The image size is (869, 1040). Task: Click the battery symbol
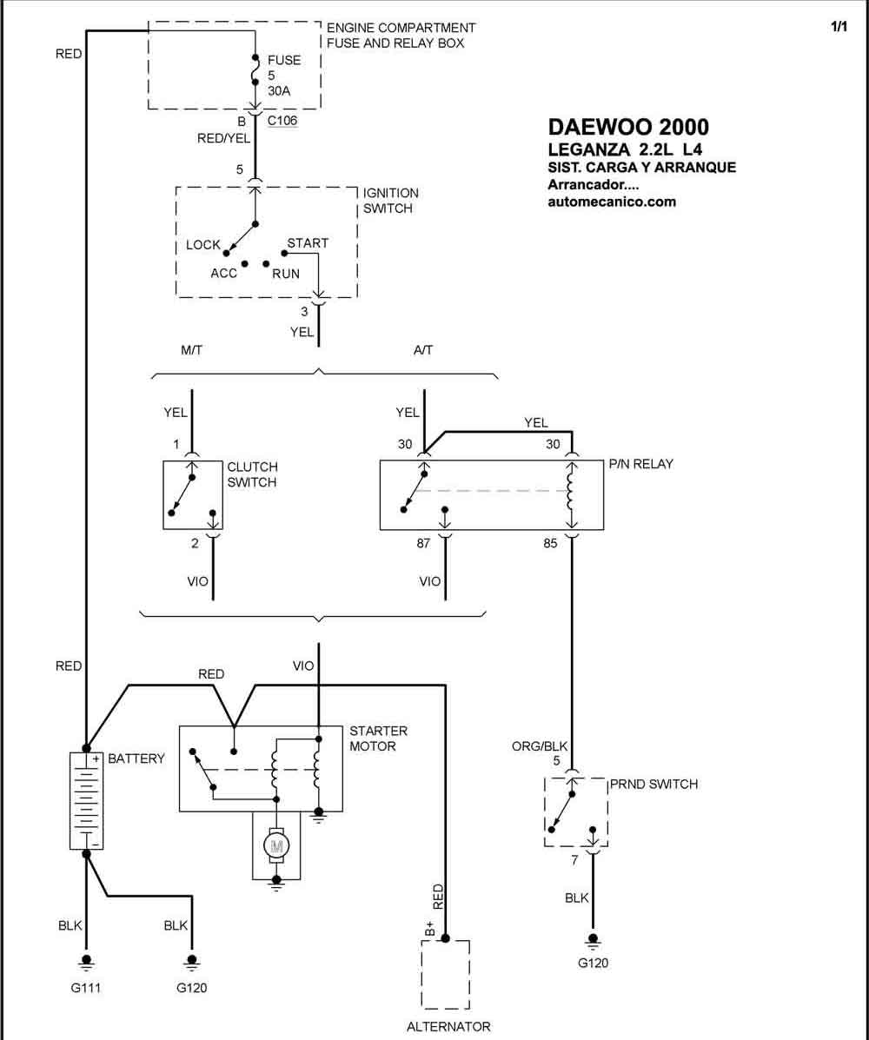(x=86, y=800)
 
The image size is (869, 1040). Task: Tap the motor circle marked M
(x=276, y=845)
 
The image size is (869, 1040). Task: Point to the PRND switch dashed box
(x=545, y=811)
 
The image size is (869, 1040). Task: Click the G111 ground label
(x=85, y=988)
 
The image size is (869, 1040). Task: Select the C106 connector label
(x=282, y=120)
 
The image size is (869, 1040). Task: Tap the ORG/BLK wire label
(x=540, y=745)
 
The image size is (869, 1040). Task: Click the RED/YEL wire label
(x=223, y=138)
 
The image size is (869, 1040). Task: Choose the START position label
(x=308, y=242)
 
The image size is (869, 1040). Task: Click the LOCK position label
(x=203, y=245)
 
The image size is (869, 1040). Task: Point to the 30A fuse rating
(x=279, y=91)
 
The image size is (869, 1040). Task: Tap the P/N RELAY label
(x=640, y=464)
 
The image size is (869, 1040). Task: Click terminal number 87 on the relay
(x=423, y=543)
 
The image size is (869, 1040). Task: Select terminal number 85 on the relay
(x=551, y=543)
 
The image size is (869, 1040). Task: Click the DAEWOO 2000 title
(x=628, y=127)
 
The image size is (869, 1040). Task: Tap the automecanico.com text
(x=612, y=202)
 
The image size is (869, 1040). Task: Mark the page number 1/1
(x=839, y=27)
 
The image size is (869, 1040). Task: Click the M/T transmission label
(x=192, y=349)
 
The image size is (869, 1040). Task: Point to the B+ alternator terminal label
(x=429, y=930)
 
